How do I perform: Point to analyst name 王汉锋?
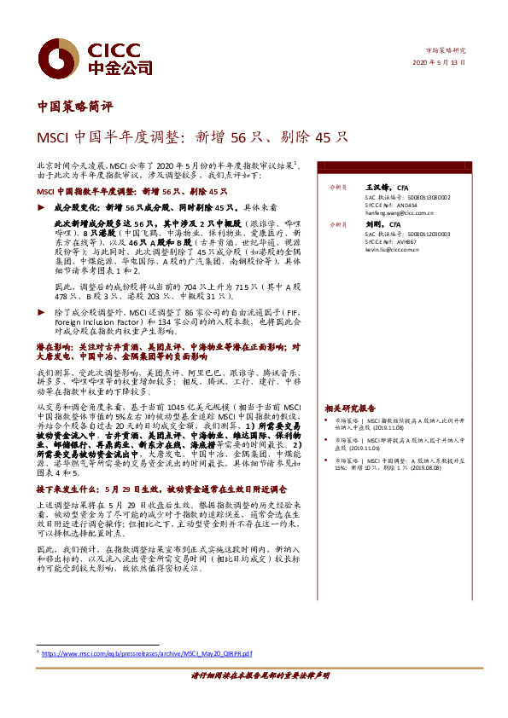click(376, 186)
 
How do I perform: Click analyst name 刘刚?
click(372, 223)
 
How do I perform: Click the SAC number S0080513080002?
click(429, 197)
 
